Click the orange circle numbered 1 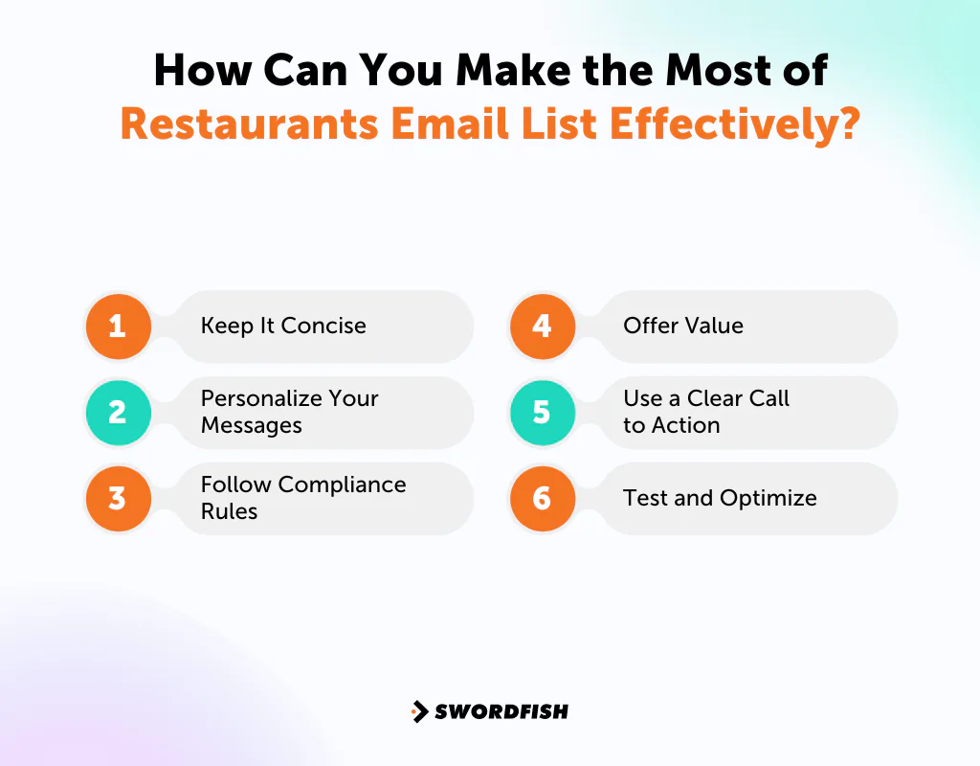click(x=117, y=326)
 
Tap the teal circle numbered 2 click(x=117, y=412)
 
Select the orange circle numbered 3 click(x=117, y=498)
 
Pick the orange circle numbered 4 click(x=542, y=326)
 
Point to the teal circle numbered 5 click(x=542, y=412)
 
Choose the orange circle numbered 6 click(x=542, y=498)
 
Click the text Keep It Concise click(x=283, y=326)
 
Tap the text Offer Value click(x=683, y=326)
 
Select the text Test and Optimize click(x=720, y=498)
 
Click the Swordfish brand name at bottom click(x=501, y=711)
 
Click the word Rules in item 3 click(x=229, y=511)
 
